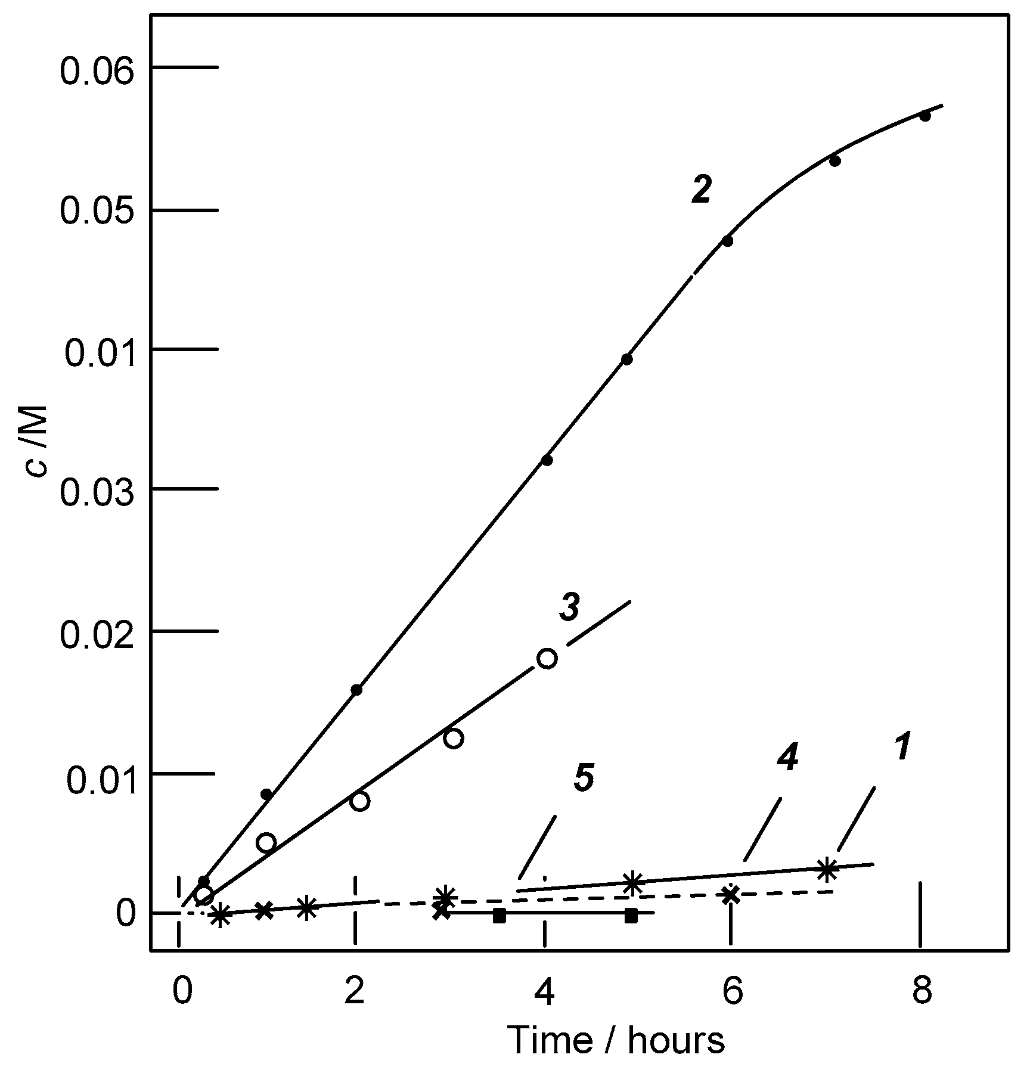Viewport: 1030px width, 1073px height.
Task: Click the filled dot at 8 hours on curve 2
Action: (924, 116)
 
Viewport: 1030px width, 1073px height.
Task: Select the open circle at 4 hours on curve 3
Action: (547, 659)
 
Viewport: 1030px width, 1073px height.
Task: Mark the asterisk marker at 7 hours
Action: (826, 869)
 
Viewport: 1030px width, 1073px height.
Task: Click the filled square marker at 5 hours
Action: (631, 915)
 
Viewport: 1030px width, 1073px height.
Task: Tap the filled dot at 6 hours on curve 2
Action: (727, 241)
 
